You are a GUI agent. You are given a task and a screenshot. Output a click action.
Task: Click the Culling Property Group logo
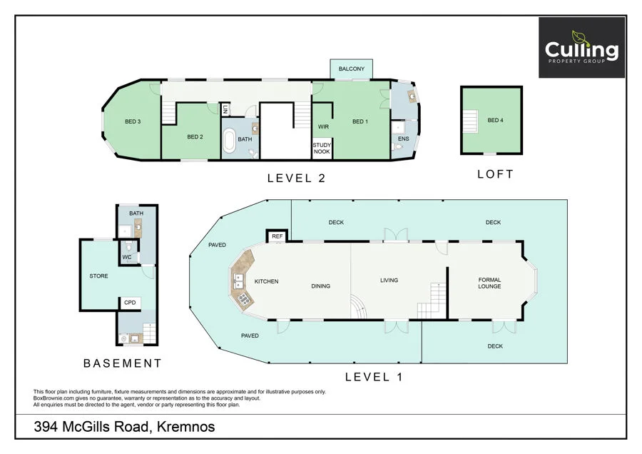581,48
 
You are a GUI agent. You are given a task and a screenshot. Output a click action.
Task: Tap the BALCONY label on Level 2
351,69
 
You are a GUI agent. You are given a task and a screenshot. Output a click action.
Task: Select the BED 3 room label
133,121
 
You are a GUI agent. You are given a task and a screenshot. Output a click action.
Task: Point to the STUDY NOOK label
322,148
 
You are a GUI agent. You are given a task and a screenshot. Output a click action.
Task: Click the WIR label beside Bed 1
322,126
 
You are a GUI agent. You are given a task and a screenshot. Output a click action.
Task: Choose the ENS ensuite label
403,138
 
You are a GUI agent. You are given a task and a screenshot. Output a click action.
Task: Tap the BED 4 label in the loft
495,121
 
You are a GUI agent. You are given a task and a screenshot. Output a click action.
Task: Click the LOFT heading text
495,174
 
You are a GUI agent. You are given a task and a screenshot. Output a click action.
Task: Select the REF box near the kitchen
275,236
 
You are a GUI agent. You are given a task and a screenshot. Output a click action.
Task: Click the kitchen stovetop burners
243,300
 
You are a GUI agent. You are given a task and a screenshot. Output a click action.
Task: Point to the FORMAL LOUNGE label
489,283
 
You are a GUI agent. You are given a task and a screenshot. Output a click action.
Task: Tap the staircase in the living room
431,301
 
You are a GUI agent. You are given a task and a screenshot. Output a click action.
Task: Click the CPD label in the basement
130,303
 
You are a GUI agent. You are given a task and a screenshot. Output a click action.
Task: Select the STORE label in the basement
98,276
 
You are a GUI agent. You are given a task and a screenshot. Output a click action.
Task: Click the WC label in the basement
126,257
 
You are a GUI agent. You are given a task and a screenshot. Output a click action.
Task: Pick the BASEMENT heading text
123,363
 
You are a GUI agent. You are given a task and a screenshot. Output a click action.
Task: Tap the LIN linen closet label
225,110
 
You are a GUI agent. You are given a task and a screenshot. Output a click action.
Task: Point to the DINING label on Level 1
320,286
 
